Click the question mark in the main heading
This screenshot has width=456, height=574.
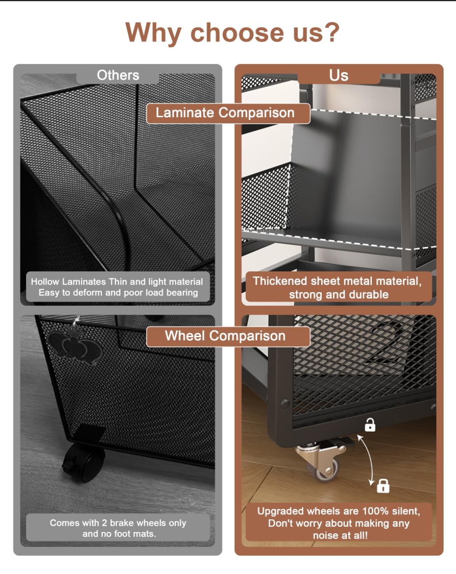pyautogui.click(x=330, y=32)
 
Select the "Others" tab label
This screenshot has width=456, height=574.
pyautogui.click(x=118, y=75)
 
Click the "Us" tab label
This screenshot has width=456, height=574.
pyautogui.click(x=339, y=75)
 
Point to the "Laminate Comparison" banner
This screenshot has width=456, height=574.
pyautogui.click(x=228, y=113)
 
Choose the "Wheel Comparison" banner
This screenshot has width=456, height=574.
pyautogui.click(x=228, y=336)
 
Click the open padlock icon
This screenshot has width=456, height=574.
pyautogui.click(x=370, y=424)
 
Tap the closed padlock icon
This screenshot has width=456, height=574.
pyautogui.click(x=383, y=486)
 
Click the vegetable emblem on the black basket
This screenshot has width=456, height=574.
pyautogui.click(x=75, y=343)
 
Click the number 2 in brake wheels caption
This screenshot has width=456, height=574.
pyautogui.click(x=104, y=523)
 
